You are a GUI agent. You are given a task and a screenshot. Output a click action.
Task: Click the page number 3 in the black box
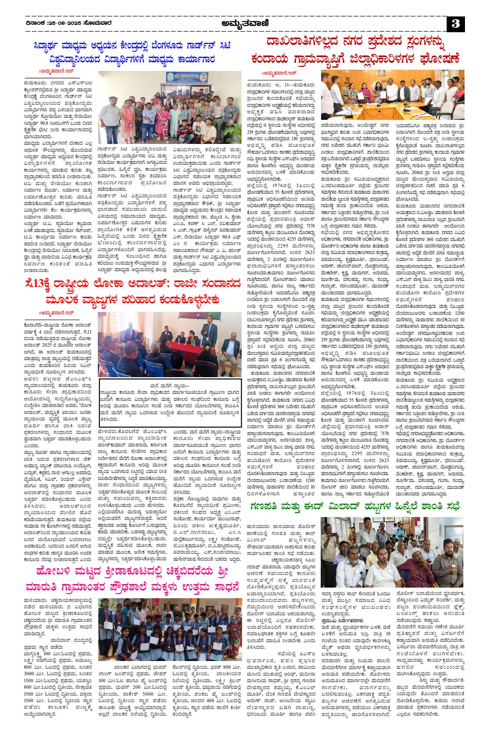point(456,24)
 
